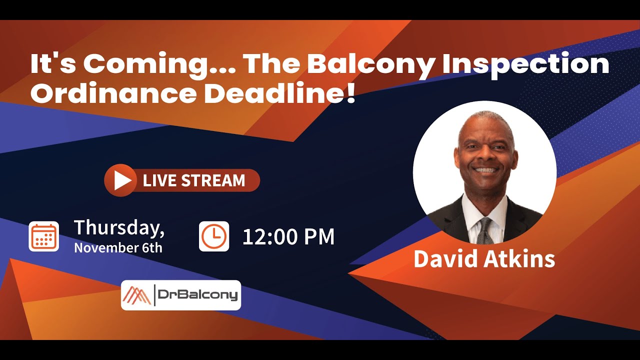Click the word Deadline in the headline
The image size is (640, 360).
pos(272,93)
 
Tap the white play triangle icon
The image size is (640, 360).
pos(121,180)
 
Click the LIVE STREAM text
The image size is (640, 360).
pos(194,180)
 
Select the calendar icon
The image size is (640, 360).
pos(43,236)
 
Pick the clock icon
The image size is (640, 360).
pos(214,236)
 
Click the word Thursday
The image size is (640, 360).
pos(119,227)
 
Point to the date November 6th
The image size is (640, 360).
pos(118,247)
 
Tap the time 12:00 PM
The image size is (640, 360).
pos(288,236)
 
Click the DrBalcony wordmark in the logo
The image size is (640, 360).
pos(197,295)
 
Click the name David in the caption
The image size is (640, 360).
pos(444,258)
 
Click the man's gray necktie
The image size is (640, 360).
pos(484,230)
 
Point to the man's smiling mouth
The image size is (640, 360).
pos(485,170)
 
